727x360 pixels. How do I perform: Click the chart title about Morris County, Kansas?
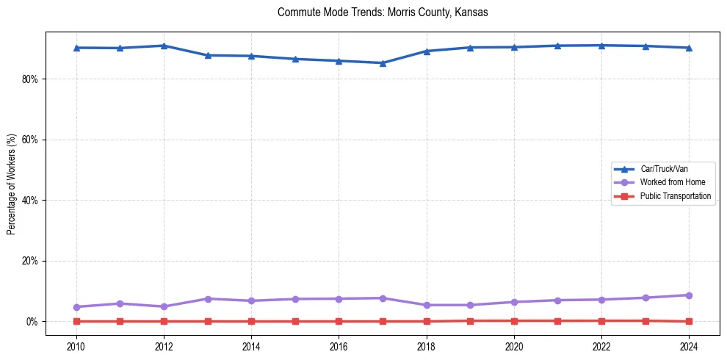(383, 12)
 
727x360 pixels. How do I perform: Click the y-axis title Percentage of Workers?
(11, 184)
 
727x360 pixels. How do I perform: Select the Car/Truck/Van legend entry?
(664, 169)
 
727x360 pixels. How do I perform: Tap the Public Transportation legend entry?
(675, 196)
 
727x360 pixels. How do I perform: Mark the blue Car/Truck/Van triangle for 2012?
(164, 46)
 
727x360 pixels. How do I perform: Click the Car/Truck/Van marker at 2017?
(383, 62)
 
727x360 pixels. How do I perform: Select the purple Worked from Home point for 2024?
(689, 295)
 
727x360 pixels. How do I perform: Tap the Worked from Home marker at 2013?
(208, 299)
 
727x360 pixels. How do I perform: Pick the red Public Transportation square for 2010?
(76, 321)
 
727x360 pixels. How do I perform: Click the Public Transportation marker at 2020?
(514, 320)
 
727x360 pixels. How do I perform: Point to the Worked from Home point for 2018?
(427, 305)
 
